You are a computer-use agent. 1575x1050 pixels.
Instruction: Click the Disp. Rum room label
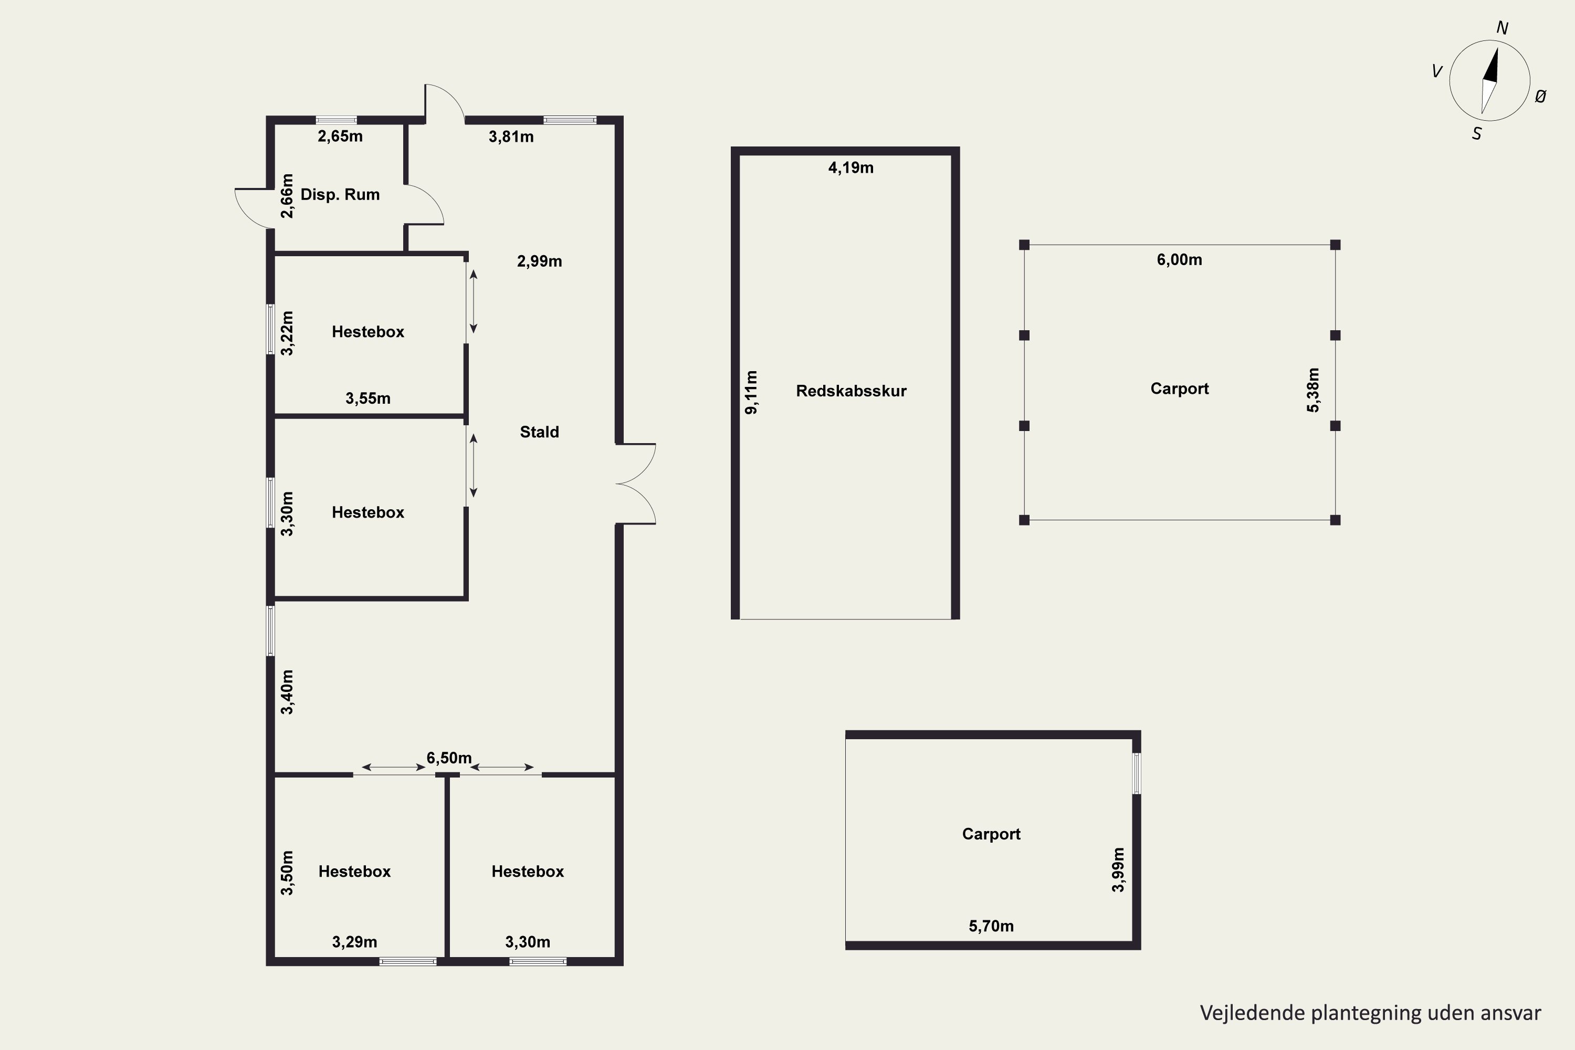point(340,195)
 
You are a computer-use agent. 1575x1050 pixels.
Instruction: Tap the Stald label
point(539,432)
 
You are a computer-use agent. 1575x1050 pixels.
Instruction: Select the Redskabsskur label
point(851,391)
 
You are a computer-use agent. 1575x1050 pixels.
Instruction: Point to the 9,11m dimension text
point(751,392)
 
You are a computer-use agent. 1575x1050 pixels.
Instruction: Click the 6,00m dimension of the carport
point(1179,260)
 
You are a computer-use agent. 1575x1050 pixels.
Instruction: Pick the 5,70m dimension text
point(991,926)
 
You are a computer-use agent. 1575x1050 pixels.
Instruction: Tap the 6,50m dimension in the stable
point(449,758)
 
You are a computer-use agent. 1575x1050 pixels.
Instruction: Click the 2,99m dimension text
point(539,261)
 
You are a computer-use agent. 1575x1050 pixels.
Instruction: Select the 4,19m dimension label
point(850,167)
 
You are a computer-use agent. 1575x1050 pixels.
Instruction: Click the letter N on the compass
point(1502,28)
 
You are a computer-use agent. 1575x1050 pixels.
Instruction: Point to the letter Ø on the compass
point(1540,97)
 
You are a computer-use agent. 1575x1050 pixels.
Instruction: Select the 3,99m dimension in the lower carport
point(1118,870)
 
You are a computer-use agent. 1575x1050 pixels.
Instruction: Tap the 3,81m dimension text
point(511,136)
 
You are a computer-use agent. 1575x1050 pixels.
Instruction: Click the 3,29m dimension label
point(354,942)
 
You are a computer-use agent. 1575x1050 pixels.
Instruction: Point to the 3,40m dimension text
point(287,692)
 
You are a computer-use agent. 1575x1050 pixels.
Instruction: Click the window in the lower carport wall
point(1137,773)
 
